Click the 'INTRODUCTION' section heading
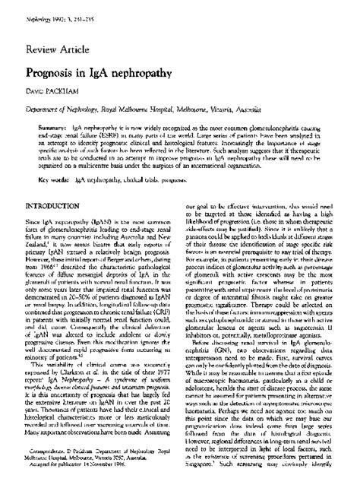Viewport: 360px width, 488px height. coord(58,228)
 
